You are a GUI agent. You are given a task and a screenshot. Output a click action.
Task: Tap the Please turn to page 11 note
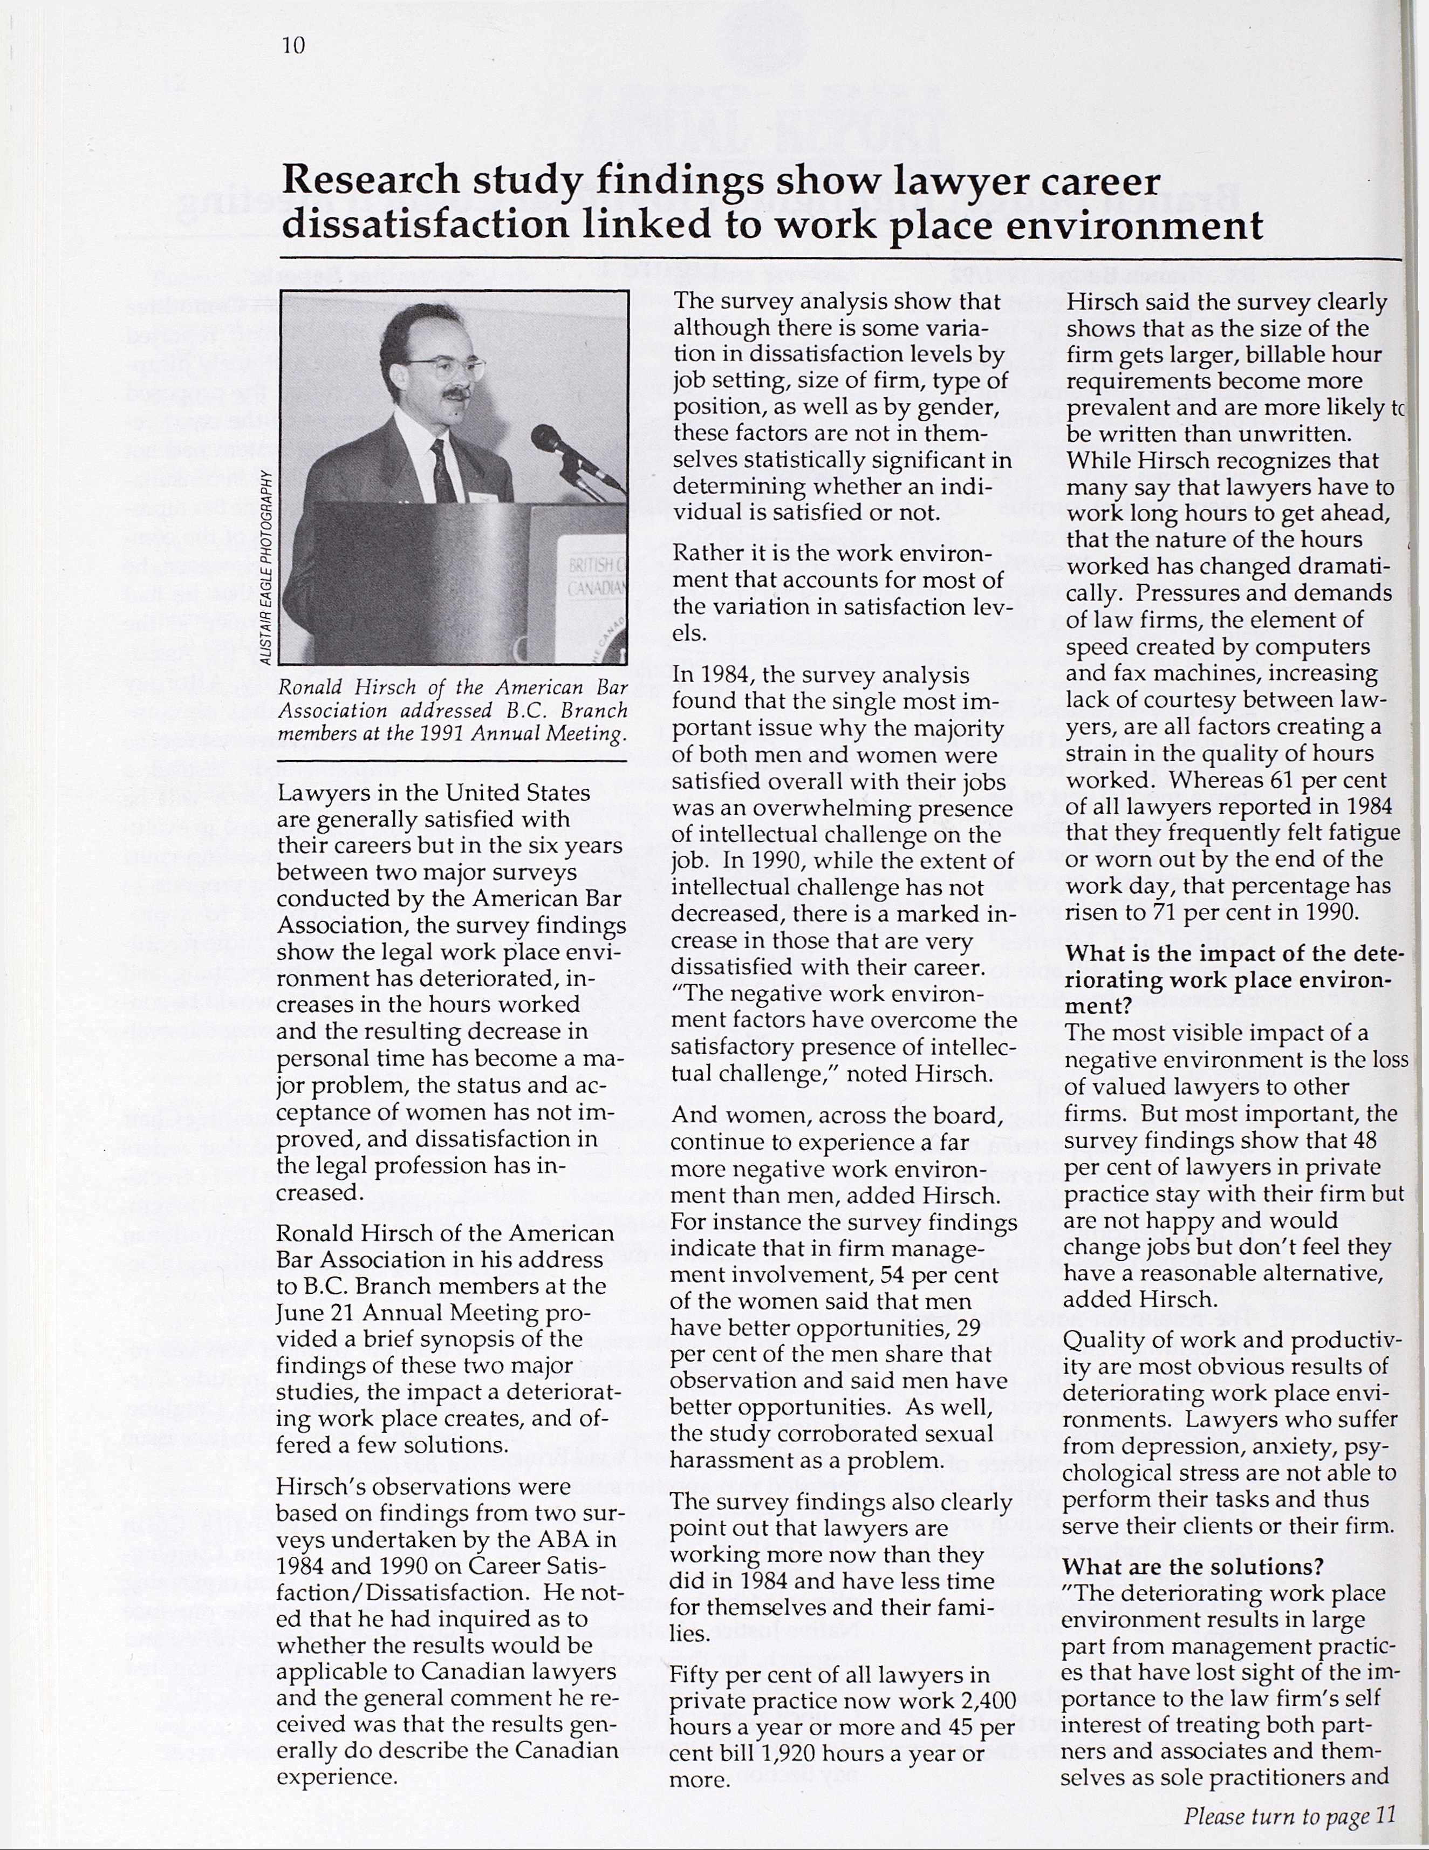pos(1288,1815)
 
